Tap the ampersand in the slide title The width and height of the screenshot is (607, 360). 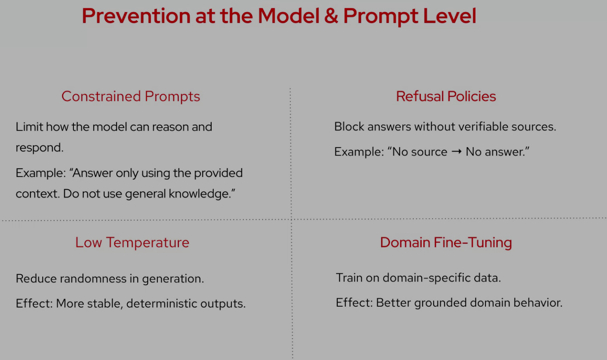point(331,16)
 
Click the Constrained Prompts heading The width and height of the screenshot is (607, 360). point(131,96)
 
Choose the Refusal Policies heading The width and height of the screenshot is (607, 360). point(446,96)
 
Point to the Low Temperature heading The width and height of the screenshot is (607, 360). point(132,242)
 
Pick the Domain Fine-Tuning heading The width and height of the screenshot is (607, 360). point(446,242)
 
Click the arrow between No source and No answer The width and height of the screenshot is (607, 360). point(456,151)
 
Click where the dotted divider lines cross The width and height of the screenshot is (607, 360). point(291,219)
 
